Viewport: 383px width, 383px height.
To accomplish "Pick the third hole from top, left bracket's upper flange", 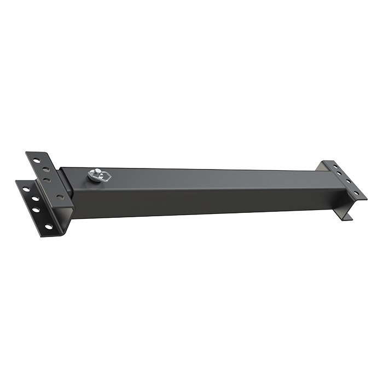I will tap(47, 179).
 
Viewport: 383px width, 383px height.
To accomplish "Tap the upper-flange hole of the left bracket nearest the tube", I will tap(58, 195).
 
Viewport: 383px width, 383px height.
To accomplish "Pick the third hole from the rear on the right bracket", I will tap(347, 183).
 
